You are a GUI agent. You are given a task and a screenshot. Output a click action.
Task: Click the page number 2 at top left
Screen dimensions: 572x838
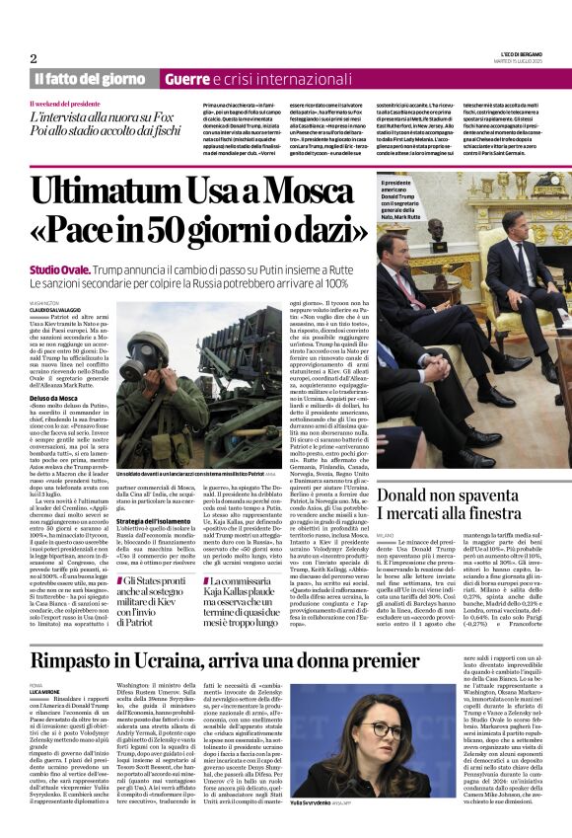click(x=33, y=58)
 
